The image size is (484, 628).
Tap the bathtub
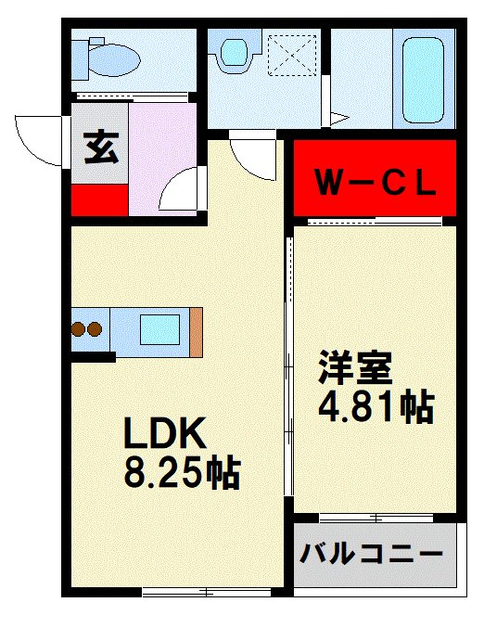click(423, 80)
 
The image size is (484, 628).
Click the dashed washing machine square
click(292, 55)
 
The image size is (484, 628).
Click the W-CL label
click(376, 184)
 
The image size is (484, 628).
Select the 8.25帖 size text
click(182, 474)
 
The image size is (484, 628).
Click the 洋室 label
click(355, 367)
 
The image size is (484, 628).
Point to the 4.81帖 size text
click(376, 405)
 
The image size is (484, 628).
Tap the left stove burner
click(78, 329)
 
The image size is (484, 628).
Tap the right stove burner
click(95, 329)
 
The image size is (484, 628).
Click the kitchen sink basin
click(159, 329)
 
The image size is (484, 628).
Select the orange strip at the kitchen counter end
click(197, 332)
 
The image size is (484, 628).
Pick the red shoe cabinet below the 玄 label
click(100, 199)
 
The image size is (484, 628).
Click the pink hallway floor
click(161, 159)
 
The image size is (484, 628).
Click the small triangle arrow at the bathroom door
click(339, 119)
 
